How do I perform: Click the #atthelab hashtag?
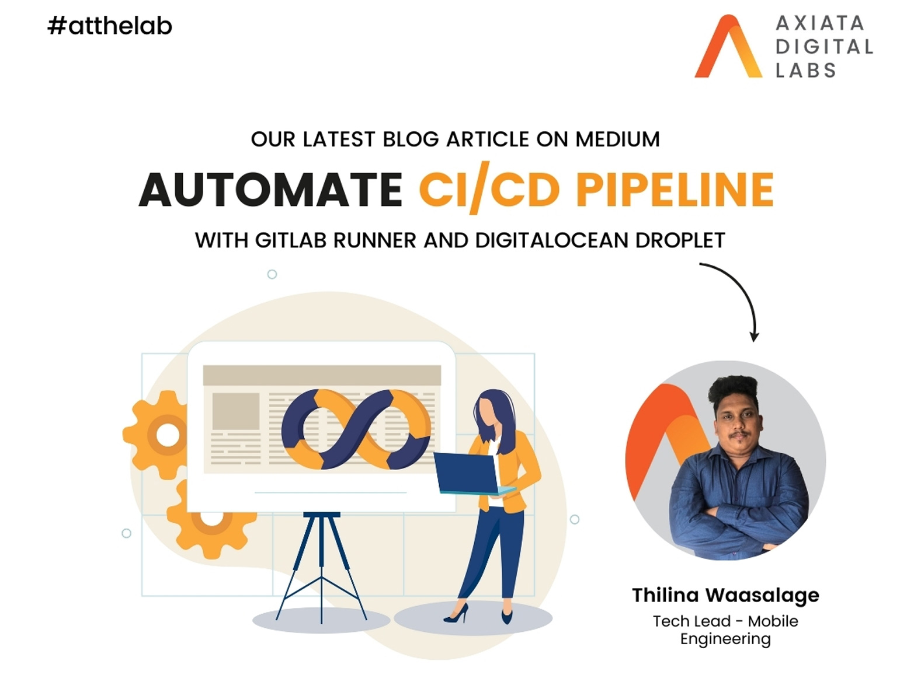click(110, 26)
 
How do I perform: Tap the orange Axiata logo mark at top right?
click(728, 46)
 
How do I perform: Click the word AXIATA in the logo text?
click(819, 23)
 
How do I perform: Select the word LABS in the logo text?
click(805, 70)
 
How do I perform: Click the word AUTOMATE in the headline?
click(270, 190)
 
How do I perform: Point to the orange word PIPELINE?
click(675, 190)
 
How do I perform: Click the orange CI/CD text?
click(489, 188)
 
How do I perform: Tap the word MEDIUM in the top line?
click(617, 139)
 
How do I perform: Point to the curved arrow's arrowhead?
click(754, 337)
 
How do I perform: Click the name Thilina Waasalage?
click(725, 596)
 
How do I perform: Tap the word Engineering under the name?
click(725, 639)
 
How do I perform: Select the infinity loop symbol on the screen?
click(356, 429)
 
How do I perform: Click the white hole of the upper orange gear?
click(168, 435)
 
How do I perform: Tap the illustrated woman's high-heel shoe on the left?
click(456, 614)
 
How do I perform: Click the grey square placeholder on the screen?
click(236, 411)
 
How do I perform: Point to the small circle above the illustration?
click(272, 274)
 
